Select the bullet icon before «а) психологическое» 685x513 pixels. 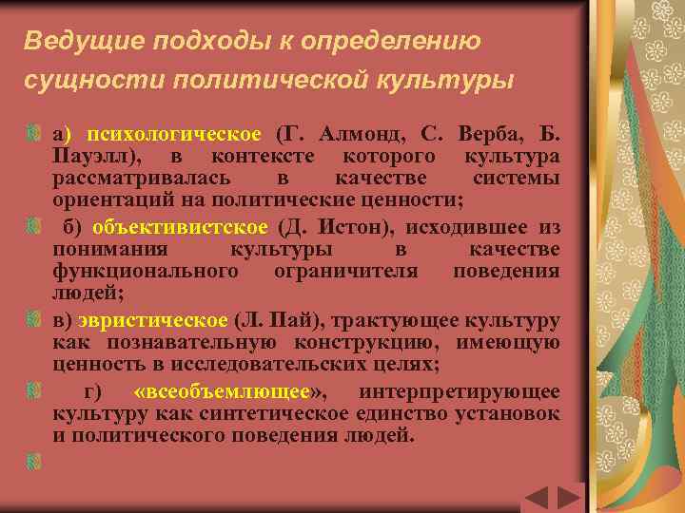[33, 131]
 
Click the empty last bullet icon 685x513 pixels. [33, 459]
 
